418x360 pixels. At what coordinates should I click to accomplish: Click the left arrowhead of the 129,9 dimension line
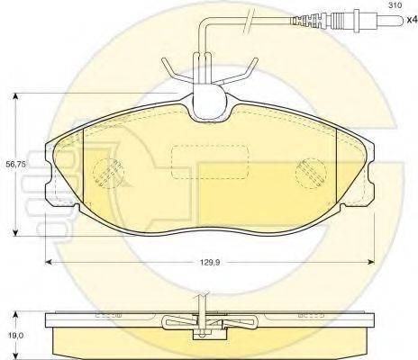coord(49,261)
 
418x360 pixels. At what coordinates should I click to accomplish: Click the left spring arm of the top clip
coord(172,69)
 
